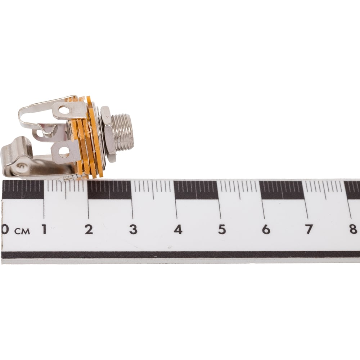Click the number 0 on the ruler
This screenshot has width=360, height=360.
5,229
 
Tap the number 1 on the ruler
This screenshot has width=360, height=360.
44,229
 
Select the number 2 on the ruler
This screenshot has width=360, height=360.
89,229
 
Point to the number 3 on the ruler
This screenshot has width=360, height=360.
133,229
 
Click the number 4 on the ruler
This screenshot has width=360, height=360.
178,229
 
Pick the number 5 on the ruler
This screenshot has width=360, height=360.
222,229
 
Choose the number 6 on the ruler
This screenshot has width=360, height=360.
266,229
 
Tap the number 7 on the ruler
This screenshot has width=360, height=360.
309,229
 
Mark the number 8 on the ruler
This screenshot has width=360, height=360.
354,229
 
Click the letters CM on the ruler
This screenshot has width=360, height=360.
22,231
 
